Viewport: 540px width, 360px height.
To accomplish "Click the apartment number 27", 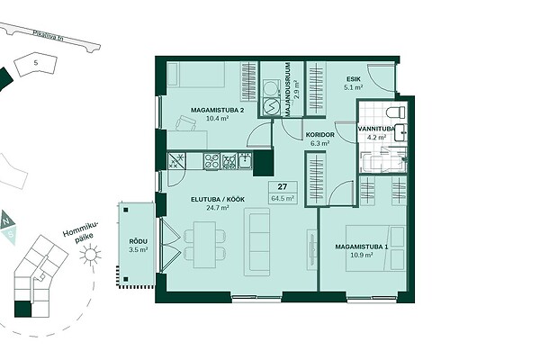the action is (283, 186).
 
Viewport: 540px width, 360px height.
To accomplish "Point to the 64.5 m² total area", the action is (283, 198).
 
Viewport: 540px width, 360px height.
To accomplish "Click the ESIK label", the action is (354, 79).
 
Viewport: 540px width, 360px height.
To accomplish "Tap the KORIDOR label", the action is (319, 135).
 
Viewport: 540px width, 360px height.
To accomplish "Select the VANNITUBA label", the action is (376, 129).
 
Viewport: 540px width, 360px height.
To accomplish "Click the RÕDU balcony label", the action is (139, 241).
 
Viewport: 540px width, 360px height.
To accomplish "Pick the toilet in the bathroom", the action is (395, 112).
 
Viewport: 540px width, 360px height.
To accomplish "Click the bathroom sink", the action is (400, 132).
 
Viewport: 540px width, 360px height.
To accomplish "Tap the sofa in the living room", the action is (256, 242).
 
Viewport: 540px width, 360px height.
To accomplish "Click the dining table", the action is (204, 245).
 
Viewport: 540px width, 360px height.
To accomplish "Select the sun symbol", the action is (91, 255).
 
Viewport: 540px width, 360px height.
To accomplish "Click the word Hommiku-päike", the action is (81, 231).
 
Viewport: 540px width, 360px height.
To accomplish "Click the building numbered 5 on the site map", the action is (35, 65).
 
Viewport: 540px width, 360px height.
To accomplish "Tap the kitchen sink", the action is (245, 161).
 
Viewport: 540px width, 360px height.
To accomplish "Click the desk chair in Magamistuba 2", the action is (186, 123).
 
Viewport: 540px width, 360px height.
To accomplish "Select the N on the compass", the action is (6, 220).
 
